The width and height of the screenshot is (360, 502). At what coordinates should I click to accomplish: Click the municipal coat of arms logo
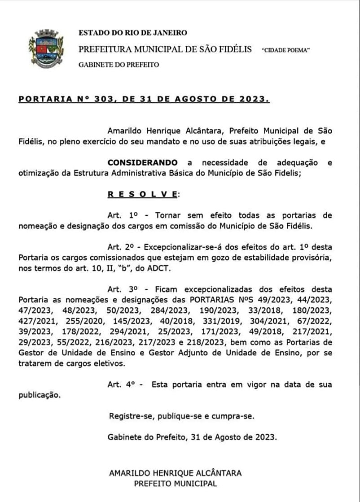(x=46, y=49)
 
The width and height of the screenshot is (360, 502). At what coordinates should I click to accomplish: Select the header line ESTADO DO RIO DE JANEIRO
(x=133, y=33)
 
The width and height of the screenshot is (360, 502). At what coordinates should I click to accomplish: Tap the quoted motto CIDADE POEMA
(x=285, y=50)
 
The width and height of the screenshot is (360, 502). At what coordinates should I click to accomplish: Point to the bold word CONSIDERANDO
(x=142, y=162)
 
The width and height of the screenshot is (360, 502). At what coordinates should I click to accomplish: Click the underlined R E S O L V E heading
(x=142, y=194)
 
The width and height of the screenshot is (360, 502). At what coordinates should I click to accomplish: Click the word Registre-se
(x=129, y=416)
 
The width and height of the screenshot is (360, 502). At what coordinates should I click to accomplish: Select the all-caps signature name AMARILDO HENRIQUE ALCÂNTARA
(x=176, y=473)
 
